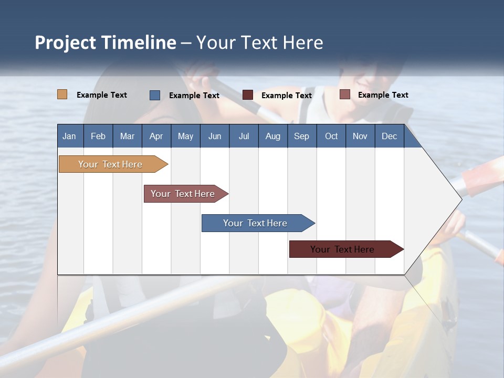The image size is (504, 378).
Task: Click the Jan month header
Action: click(69, 136)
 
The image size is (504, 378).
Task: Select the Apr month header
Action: click(156, 136)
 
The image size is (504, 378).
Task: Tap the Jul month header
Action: click(244, 136)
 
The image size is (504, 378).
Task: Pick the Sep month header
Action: click(301, 136)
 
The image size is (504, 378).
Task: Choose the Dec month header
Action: click(389, 136)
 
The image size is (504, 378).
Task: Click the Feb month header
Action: click(98, 136)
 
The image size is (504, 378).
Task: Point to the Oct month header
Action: click(331, 136)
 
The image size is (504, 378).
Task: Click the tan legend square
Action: click(62, 94)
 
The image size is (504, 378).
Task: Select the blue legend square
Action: click(155, 95)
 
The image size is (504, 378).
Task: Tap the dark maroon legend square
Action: click(248, 95)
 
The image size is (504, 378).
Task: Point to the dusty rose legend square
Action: click(345, 94)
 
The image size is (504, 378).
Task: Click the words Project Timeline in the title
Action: click(105, 43)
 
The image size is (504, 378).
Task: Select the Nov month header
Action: click(360, 136)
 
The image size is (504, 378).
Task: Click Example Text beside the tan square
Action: click(102, 95)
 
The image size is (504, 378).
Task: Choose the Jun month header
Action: click(215, 136)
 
